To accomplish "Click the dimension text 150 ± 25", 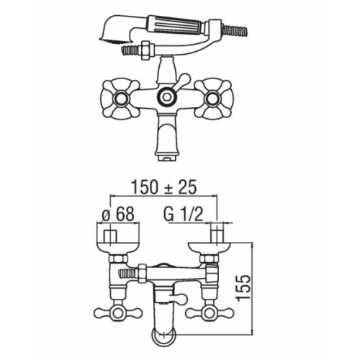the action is click(x=164, y=187).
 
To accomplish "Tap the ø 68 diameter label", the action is click(x=118, y=214).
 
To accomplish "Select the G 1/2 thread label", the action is click(x=184, y=214).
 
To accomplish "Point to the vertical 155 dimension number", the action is click(x=243, y=288).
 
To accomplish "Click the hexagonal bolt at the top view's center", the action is click(x=167, y=96).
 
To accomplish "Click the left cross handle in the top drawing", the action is click(x=120, y=98).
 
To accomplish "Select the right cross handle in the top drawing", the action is click(x=213, y=98).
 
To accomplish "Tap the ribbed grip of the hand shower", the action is click(x=177, y=24).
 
